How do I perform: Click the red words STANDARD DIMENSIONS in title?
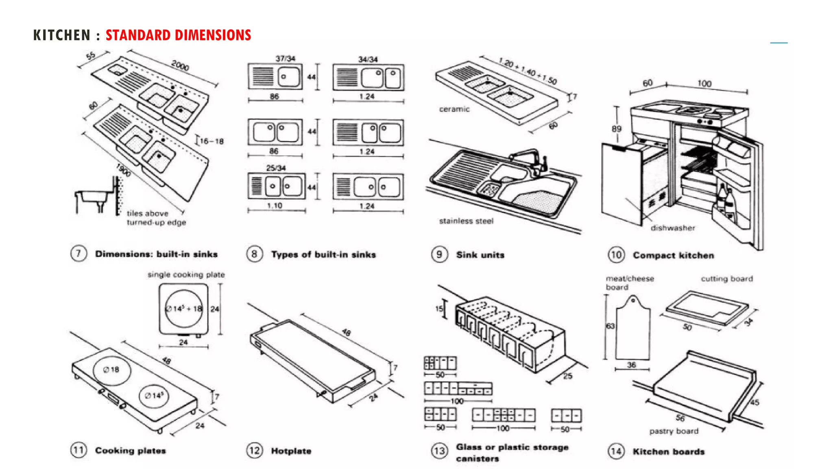click(178, 35)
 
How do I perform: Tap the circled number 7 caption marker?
click(78, 254)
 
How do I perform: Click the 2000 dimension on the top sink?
click(180, 65)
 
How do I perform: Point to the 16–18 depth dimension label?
click(212, 141)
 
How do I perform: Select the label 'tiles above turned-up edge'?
click(156, 218)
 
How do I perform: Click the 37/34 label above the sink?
click(285, 59)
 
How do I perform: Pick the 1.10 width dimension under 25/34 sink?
click(275, 206)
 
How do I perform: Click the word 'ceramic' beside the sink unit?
click(454, 109)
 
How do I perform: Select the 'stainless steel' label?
click(466, 221)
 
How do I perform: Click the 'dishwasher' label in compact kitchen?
click(673, 228)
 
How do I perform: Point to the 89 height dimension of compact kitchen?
click(617, 129)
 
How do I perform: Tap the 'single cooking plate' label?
click(186, 275)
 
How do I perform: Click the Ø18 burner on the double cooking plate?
click(111, 370)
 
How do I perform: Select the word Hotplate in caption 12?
click(291, 451)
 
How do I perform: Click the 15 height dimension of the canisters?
click(439, 309)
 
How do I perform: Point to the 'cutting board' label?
click(726, 279)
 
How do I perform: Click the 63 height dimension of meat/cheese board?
click(610, 326)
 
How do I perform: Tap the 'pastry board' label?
click(674, 431)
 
